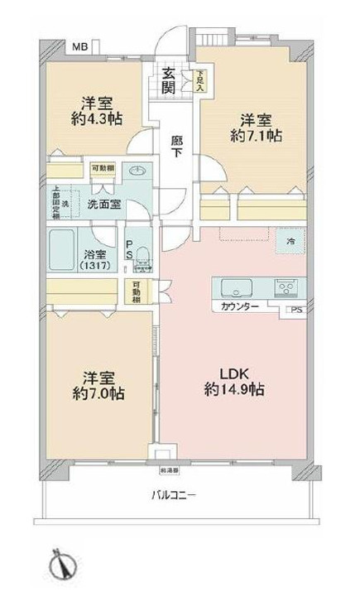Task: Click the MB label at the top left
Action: (79, 47)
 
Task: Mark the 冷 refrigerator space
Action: (290, 239)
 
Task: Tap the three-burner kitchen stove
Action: (290, 288)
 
